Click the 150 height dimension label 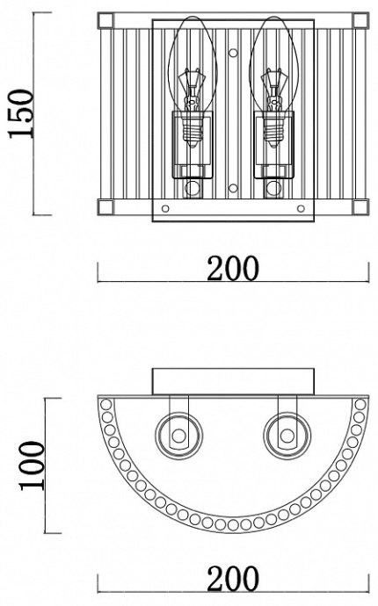(21, 113)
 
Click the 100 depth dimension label (33, 465)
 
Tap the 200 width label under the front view (233, 268)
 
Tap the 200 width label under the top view (233, 579)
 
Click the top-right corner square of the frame (360, 20)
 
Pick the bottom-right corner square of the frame (360, 206)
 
